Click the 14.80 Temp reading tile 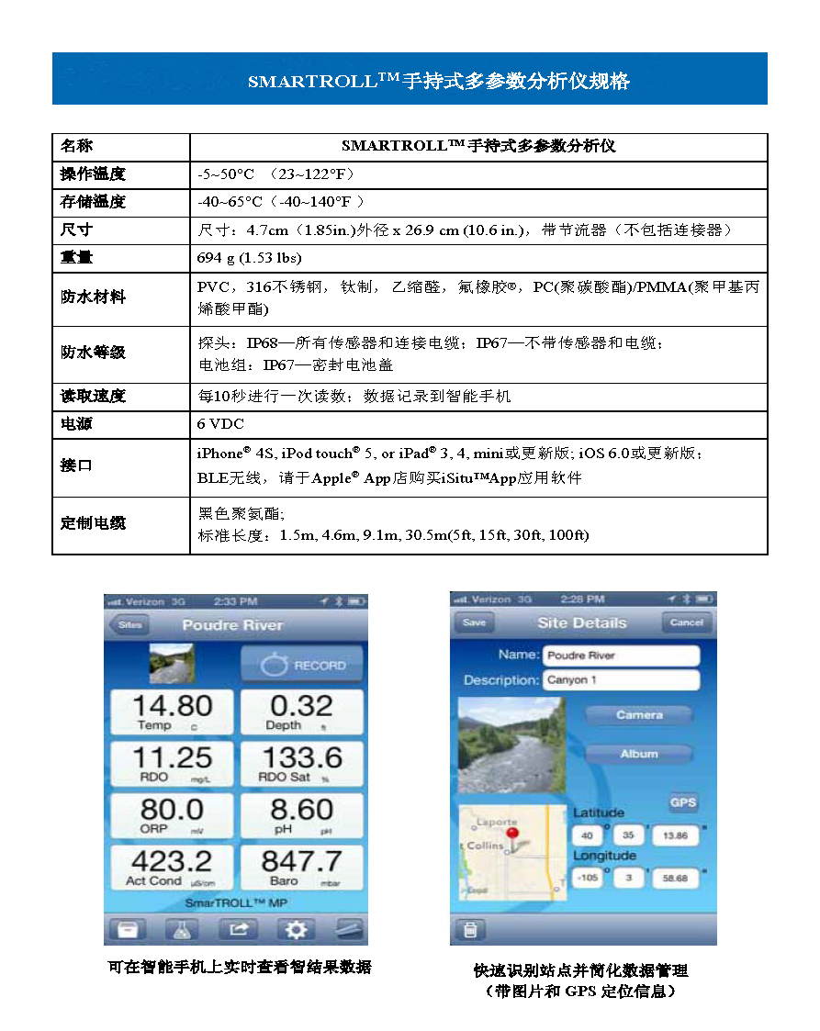pos(172,712)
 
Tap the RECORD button pos(302,665)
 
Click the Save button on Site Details pos(474,622)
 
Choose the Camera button pos(639,714)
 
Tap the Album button pos(639,754)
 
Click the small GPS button pos(682,802)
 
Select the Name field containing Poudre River pos(621,656)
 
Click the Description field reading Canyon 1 pos(621,680)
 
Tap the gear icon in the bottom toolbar pos(295,929)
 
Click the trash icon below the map pos(470,930)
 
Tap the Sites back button pos(129,625)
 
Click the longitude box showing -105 pos(588,879)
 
